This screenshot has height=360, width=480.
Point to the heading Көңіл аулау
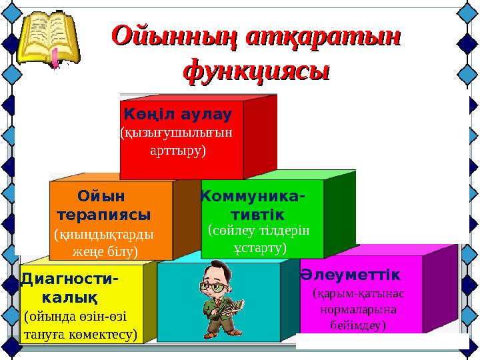(x=177, y=114)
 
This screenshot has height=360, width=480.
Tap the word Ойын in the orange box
(x=102, y=197)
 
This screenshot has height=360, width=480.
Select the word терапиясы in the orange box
(x=103, y=216)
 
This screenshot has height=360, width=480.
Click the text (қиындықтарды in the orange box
(x=103, y=235)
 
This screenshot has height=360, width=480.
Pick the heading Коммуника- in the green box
(x=253, y=197)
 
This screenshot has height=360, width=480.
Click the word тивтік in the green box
(x=257, y=215)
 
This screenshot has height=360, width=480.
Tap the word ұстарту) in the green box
(x=260, y=248)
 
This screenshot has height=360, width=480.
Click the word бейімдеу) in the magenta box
(x=358, y=325)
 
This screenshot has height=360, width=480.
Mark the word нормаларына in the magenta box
(x=358, y=309)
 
